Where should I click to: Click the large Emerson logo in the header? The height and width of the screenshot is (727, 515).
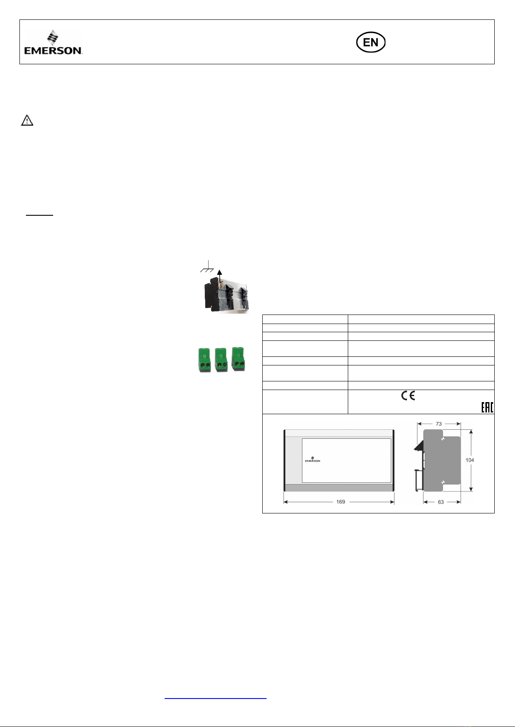(x=53, y=42)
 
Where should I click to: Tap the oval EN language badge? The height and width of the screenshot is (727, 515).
(x=371, y=42)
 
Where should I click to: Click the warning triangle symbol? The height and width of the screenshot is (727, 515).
(x=27, y=120)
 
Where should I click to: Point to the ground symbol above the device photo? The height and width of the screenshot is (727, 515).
(x=207, y=267)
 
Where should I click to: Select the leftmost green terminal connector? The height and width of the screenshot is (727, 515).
(x=204, y=360)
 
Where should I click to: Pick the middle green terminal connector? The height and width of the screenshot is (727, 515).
(x=221, y=359)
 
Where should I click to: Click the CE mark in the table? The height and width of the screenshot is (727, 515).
(x=408, y=396)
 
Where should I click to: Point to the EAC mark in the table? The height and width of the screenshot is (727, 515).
(x=487, y=407)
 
